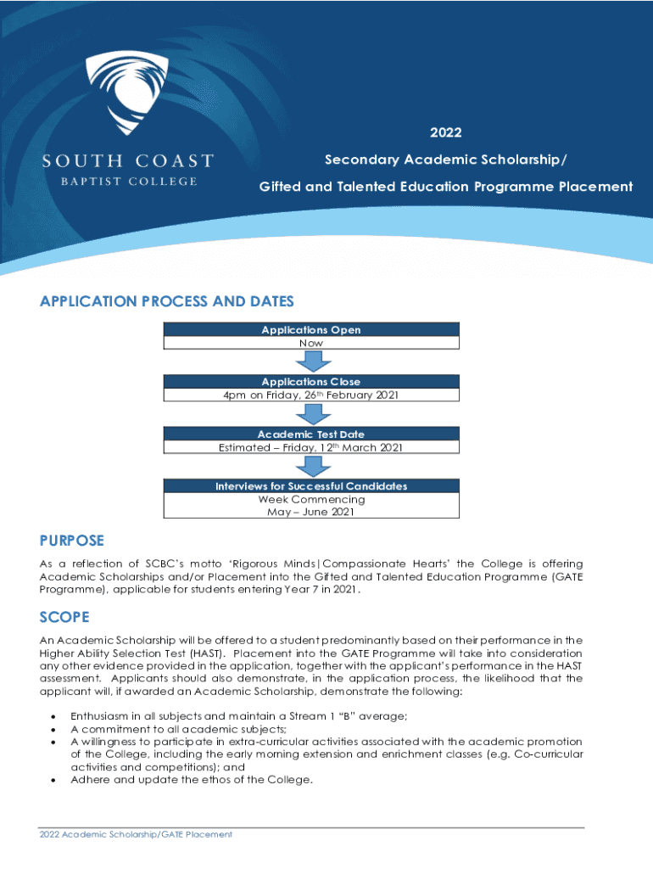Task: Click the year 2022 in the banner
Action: (x=445, y=132)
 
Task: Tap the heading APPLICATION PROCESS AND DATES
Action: (x=167, y=302)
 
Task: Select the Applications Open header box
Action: (x=310, y=329)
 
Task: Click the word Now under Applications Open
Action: (x=310, y=343)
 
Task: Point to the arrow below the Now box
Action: (x=310, y=361)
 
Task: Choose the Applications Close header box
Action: (x=310, y=382)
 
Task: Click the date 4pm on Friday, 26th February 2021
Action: (x=310, y=395)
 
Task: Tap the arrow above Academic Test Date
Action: (x=310, y=414)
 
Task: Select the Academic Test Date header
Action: (x=310, y=434)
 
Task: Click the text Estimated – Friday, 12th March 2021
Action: (x=310, y=447)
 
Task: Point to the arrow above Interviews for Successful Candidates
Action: (x=310, y=466)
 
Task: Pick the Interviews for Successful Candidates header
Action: (x=310, y=486)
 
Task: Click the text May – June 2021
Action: (x=310, y=512)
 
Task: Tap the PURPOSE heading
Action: (x=72, y=541)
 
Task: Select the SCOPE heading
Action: (x=64, y=617)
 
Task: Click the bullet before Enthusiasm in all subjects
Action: (x=55, y=716)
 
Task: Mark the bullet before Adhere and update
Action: (x=55, y=779)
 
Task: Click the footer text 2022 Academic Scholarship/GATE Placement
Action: (x=136, y=834)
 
